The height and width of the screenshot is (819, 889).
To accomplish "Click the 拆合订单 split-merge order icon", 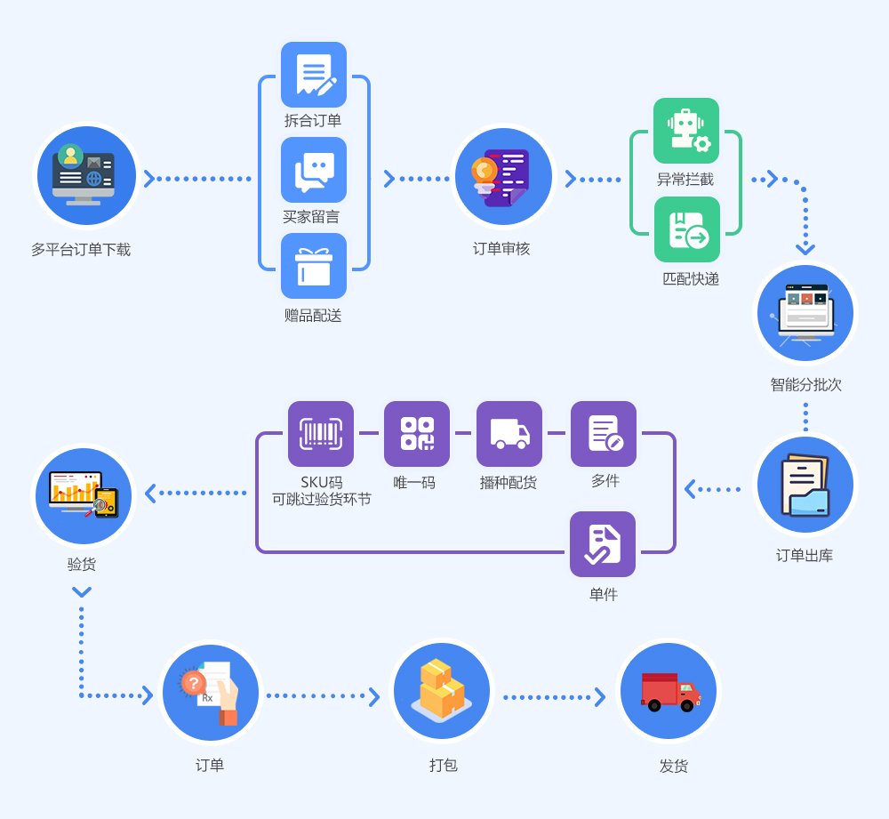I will tap(314, 75).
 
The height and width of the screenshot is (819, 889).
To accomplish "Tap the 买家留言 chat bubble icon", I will tap(314, 170).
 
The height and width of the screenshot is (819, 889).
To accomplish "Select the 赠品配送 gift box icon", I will tap(314, 266).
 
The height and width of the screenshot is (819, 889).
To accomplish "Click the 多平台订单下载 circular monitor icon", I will tap(86, 176).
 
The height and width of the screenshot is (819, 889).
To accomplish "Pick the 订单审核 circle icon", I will tap(503, 177).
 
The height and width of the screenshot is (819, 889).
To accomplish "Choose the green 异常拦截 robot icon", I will tap(686, 131).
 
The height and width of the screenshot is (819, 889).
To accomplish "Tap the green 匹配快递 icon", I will tap(686, 229).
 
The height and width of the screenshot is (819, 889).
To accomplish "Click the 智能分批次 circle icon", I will tap(805, 314).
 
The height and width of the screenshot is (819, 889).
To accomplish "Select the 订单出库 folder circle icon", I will tap(805, 485).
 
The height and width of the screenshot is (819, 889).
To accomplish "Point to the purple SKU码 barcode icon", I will tap(321, 434).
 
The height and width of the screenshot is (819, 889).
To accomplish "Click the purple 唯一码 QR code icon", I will tap(417, 434).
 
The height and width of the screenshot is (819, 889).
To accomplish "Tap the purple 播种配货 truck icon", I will tap(509, 434).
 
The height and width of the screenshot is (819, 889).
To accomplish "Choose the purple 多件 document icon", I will tap(604, 434).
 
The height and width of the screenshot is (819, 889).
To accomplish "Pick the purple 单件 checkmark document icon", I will tap(603, 544).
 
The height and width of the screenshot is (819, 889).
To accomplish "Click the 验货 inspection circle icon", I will tap(84, 496).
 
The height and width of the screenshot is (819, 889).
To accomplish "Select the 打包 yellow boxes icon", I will tap(442, 693).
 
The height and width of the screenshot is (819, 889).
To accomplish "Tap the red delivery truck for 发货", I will tap(669, 692).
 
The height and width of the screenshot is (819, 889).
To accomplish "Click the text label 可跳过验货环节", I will tap(322, 499).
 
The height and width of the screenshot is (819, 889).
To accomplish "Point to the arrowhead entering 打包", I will tap(374, 697).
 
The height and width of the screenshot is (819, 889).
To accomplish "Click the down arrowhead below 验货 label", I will tap(82, 592).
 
